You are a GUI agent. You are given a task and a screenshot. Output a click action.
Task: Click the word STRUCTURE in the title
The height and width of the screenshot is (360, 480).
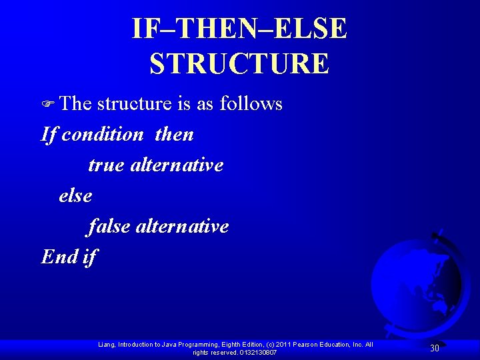(x=239, y=64)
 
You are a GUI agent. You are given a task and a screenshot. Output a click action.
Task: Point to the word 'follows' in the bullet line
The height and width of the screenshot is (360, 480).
(x=251, y=103)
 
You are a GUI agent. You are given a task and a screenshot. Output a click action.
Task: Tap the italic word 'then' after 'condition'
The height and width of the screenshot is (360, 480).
(x=175, y=135)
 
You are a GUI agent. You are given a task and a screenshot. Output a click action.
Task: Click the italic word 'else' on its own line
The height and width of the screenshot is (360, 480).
(x=75, y=196)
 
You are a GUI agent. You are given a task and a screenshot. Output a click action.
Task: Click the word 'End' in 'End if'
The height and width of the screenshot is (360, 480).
(x=59, y=257)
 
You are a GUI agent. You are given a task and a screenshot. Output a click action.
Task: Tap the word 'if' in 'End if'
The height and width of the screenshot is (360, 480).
(x=90, y=257)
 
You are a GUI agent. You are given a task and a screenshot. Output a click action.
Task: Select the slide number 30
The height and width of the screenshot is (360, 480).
(x=434, y=348)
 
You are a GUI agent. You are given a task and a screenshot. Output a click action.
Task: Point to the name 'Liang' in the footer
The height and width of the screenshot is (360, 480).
(x=106, y=345)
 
